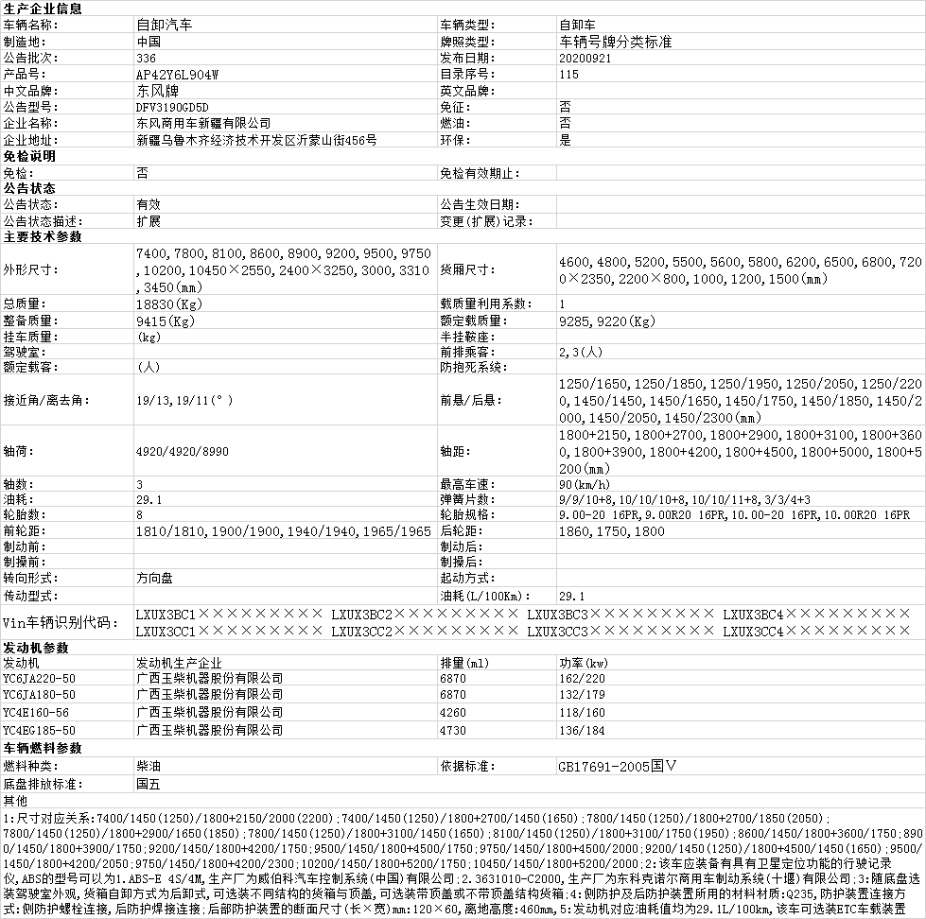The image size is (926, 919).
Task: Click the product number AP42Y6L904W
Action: [177, 74]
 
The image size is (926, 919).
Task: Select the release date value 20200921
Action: [585, 58]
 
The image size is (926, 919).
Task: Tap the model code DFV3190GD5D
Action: [172, 107]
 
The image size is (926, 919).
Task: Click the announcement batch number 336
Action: [146, 58]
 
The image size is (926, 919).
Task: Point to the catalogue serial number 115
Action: [568, 74]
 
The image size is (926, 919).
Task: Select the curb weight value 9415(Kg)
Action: [166, 321]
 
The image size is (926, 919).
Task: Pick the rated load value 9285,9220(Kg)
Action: [606, 321]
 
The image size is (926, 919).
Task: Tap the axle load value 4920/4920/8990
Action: [182, 451]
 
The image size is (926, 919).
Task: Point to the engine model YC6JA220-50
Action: [39, 678]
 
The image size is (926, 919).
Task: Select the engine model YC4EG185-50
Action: [39, 730]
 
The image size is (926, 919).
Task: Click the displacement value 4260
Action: [453, 713]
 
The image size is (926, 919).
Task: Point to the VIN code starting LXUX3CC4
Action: [816, 631]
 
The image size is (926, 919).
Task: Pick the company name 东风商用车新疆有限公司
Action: [203, 123]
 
